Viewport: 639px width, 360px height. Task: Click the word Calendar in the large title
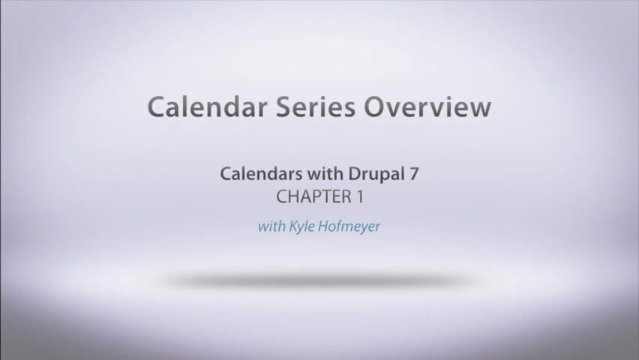[x=208, y=106]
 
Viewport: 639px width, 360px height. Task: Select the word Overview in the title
[x=427, y=106]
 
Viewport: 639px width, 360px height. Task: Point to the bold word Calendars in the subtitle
[x=261, y=174]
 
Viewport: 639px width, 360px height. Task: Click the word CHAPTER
[x=313, y=197]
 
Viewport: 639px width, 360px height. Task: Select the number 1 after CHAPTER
[x=360, y=197]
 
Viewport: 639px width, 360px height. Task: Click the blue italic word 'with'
[x=271, y=226]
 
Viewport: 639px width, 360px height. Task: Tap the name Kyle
[x=301, y=226]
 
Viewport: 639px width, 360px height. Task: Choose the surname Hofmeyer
[x=349, y=226]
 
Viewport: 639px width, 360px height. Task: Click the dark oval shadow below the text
[x=319, y=280]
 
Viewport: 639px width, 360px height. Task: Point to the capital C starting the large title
[x=157, y=107]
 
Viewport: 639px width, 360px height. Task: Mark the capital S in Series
[x=283, y=107]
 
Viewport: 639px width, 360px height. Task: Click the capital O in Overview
[x=374, y=107]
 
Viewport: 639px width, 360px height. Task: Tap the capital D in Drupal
[x=355, y=174]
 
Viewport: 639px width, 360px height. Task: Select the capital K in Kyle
[x=294, y=226]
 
